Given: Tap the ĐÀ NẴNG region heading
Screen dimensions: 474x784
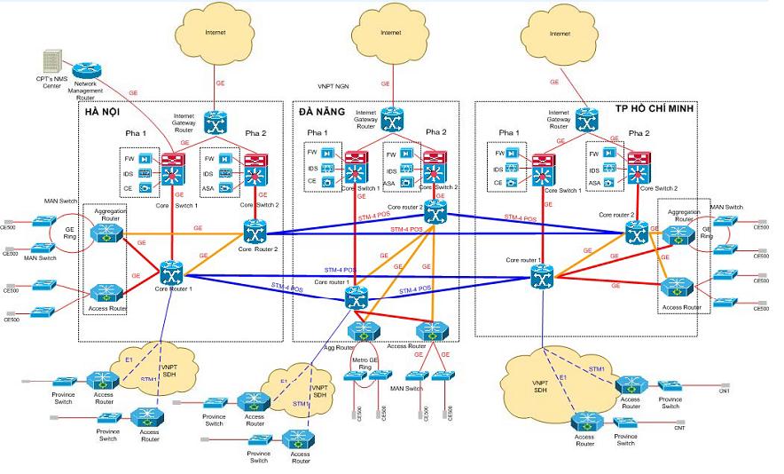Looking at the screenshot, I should coord(320,112).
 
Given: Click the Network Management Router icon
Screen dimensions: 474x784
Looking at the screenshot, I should coord(86,70).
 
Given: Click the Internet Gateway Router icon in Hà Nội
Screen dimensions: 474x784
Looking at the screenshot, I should coord(216,122).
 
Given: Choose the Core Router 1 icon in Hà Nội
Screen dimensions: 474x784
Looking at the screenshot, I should coord(170,271).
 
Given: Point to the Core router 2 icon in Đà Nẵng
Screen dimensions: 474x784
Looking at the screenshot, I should coord(434,211).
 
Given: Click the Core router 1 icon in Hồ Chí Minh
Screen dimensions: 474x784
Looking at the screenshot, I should coord(542,278).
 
